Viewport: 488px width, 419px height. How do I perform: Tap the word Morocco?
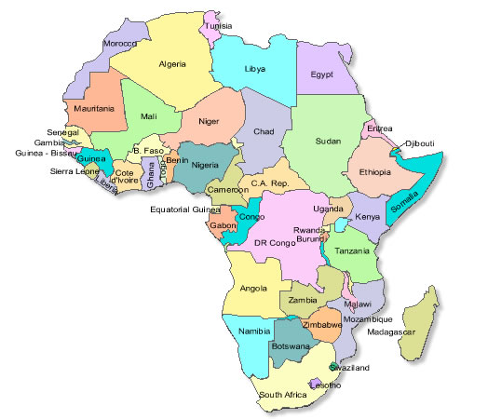coord(119,44)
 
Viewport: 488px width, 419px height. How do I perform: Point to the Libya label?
coord(254,70)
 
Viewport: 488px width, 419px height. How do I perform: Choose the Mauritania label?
coord(93,109)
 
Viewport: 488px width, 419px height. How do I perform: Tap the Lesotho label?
coord(324,385)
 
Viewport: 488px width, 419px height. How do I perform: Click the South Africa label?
coord(283,395)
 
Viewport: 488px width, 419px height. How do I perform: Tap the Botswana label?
coord(290,345)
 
